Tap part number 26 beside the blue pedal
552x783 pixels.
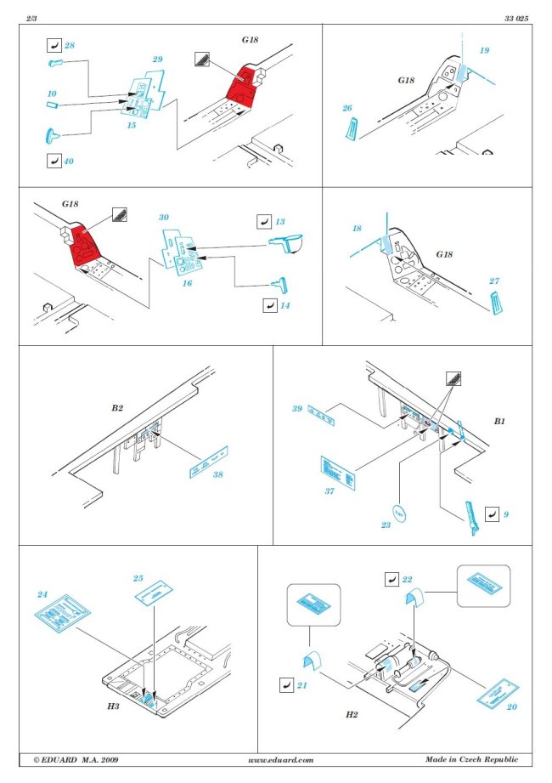pos(346,108)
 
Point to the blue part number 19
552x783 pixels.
pos(484,52)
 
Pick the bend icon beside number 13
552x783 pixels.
pos(264,221)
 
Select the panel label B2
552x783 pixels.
pos(117,408)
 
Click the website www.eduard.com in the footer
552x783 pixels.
pos(280,759)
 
